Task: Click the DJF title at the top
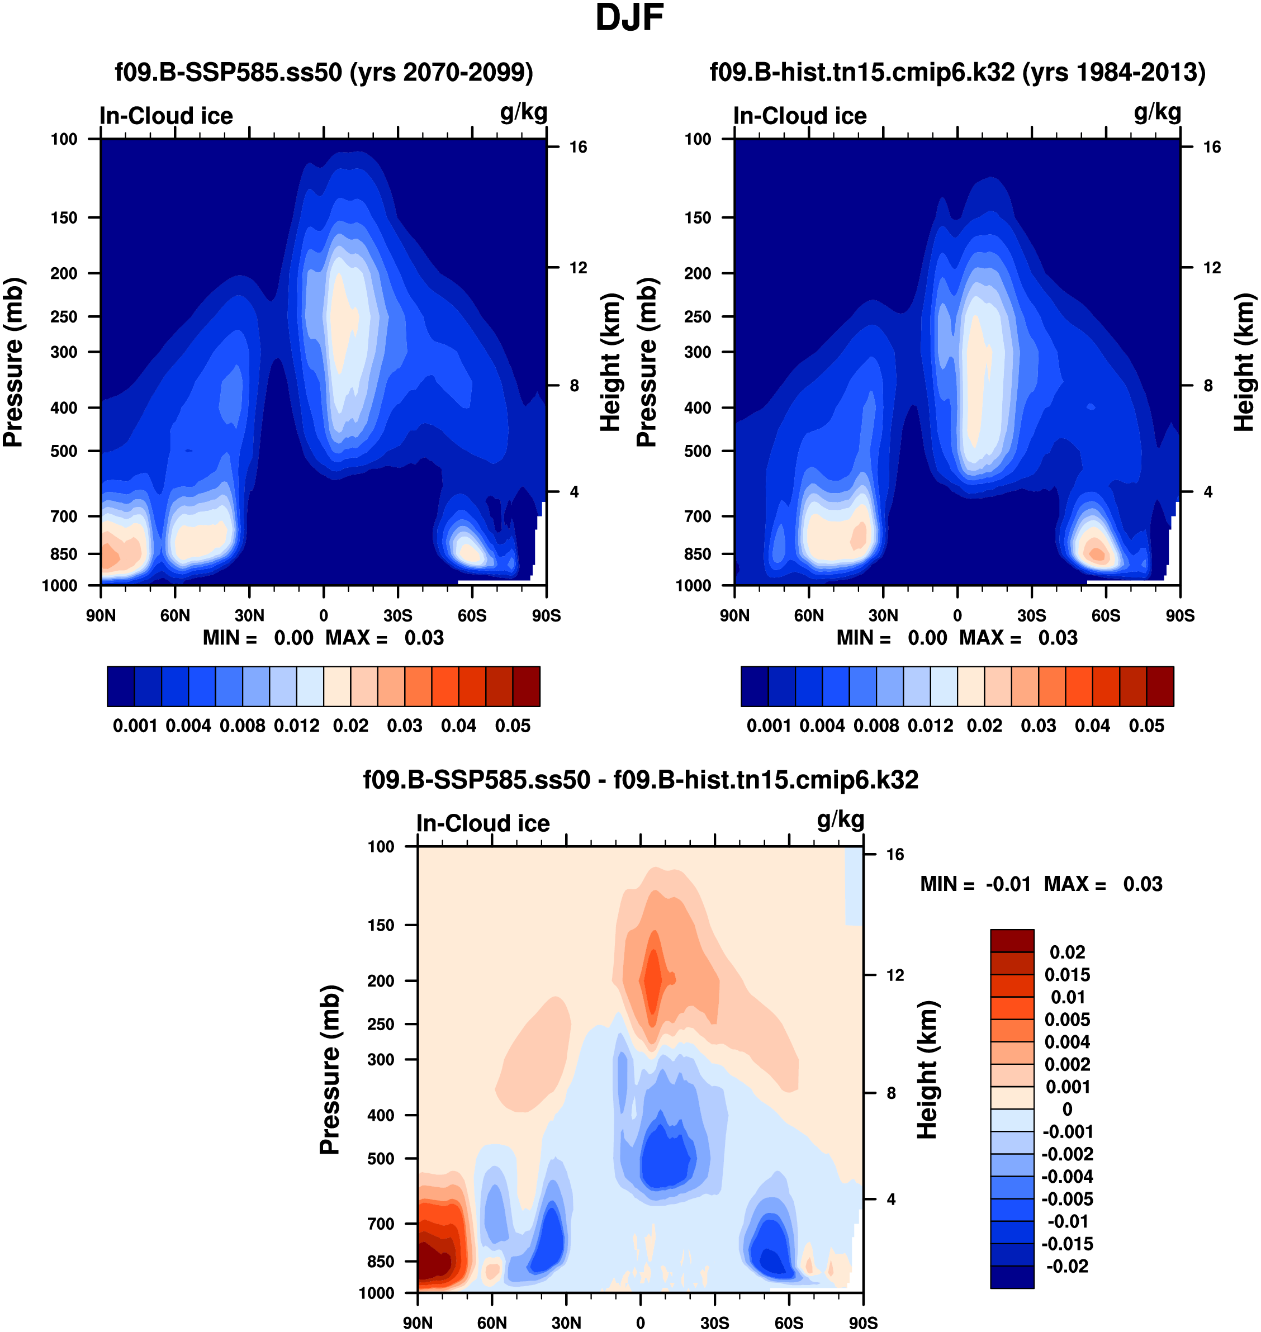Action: click(x=629, y=18)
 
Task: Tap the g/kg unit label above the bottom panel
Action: click(x=840, y=819)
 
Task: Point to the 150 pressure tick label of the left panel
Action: click(x=64, y=218)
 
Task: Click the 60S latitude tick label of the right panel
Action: click(x=1106, y=615)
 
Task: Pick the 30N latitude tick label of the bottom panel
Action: click(x=566, y=1322)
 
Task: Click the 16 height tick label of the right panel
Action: click(x=1211, y=147)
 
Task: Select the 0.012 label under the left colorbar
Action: click(x=296, y=726)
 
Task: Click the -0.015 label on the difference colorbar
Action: click(x=1068, y=1243)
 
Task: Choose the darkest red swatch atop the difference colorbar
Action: click(x=1012, y=940)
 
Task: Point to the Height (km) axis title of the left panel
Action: click(x=610, y=363)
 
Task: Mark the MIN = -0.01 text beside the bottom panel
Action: click(x=975, y=884)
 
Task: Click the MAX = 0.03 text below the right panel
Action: click(x=1018, y=638)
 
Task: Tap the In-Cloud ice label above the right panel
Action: click(x=799, y=116)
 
